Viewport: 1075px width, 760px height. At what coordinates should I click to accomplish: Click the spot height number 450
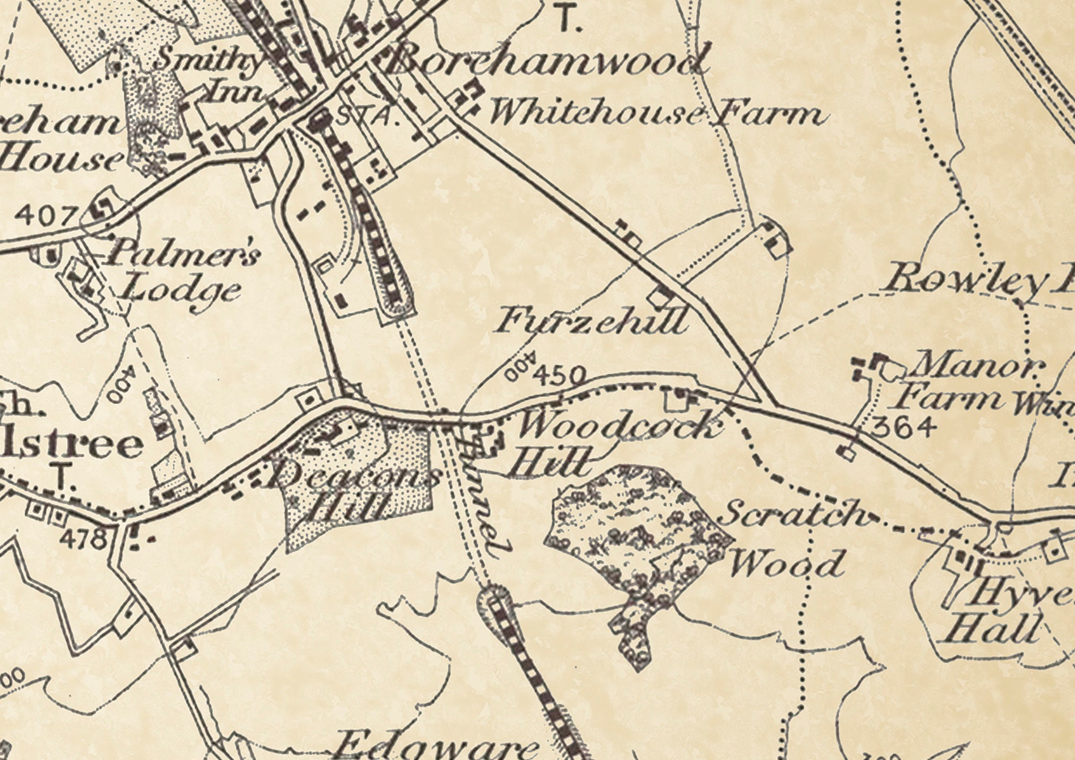[x=560, y=375]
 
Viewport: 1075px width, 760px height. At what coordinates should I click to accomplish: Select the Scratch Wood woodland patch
[x=640, y=543]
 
